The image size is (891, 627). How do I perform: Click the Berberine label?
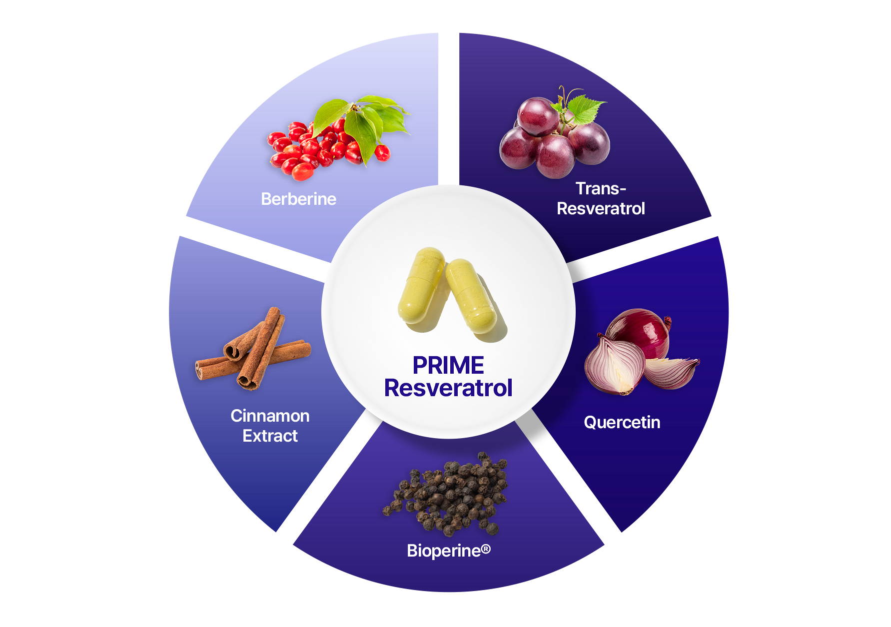click(298, 199)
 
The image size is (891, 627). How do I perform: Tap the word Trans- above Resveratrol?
click(600, 188)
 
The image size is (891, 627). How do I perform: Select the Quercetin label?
click(622, 422)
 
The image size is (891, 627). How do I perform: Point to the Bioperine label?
click(444, 551)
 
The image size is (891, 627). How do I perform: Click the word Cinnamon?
click(270, 416)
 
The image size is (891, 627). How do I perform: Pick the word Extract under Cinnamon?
click(270, 436)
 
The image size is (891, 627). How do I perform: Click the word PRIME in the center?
click(448, 365)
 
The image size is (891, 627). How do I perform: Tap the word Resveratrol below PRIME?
click(448, 388)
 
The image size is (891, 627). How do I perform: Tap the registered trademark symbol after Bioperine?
click(486, 549)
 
